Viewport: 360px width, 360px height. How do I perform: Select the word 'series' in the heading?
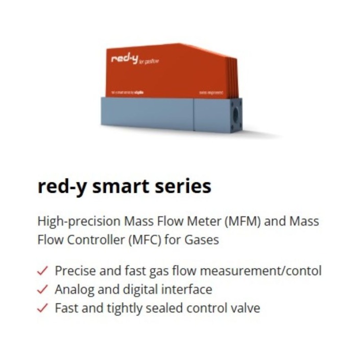(185, 186)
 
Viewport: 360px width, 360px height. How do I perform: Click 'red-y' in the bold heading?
(61, 186)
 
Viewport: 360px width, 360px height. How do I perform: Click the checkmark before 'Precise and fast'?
(43, 271)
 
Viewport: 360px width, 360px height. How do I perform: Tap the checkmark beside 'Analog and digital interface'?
(43, 290)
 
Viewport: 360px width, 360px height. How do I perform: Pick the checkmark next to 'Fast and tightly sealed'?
(43, 308)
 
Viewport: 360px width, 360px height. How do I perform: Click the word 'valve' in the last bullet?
(246, 308)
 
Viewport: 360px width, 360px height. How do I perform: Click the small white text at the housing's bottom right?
(211, 92)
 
